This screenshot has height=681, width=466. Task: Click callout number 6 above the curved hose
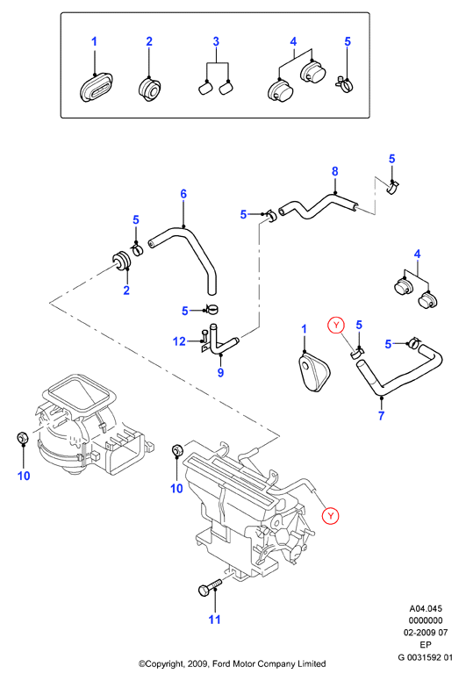(183, 194)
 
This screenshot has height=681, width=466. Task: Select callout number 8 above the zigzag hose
(335, 171)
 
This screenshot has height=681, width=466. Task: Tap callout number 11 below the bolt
(214, 620)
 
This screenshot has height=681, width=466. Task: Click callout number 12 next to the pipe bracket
(179, 341)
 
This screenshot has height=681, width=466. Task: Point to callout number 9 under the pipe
(220, 373)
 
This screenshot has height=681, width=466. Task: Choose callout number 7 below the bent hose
(381, 416)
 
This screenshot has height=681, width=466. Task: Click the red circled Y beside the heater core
(331, 515)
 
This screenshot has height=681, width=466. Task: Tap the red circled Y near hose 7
(336, 325)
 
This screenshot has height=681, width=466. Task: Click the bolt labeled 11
(210, 587)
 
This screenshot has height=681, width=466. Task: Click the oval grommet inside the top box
(97, 87)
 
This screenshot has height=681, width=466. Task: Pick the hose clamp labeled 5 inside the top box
(345, 84)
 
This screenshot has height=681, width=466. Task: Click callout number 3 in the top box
(216, 42)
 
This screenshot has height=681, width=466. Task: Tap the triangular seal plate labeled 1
(314, 373)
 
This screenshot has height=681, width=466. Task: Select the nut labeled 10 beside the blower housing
(22, 437)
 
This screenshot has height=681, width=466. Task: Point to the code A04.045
(426, 608)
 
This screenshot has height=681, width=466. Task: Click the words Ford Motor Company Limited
(269, 663)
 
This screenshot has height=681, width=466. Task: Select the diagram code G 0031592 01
(426, 657)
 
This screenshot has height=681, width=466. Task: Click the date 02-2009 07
(426, 633)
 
